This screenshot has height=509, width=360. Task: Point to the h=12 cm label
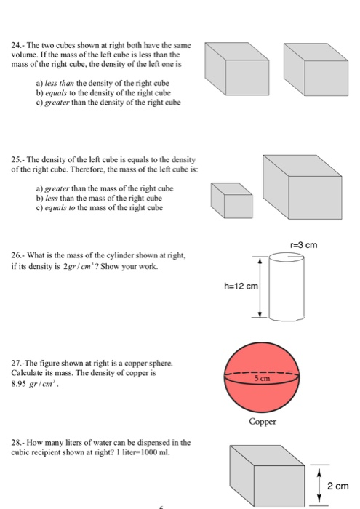click(241, 285)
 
